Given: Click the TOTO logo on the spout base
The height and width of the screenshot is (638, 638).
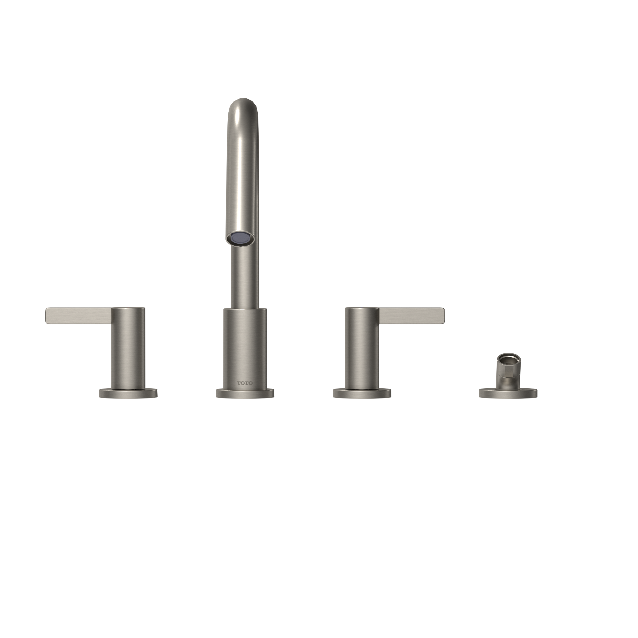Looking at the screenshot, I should pyautogui.click(x=245, y=383).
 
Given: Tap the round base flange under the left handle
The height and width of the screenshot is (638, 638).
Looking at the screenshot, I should pyautogui.click(x=128, y=393).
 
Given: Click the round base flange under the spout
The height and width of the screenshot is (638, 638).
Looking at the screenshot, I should pyautogui.click(x=245, y=393).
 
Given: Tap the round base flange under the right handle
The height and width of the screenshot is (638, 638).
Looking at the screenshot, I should pyautogui.click(x=362, y=393).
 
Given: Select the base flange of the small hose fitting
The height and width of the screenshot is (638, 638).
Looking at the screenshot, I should pyautogui.click(x=508, y=394).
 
